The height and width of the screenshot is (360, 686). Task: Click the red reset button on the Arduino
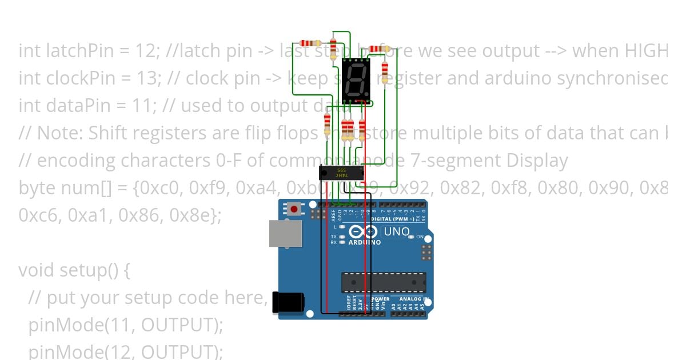click(294, 209)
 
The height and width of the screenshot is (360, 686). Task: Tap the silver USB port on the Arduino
click(285, 234)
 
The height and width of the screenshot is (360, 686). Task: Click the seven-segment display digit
click(356, 81)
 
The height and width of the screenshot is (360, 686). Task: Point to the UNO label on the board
click(397, 231)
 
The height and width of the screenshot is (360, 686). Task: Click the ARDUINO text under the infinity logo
click(365, 242)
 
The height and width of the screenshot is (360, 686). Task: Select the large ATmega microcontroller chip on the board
click(384, 282)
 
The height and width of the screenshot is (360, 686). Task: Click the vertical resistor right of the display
click(384, 72)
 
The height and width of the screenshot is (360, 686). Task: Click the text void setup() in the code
click(74, 270)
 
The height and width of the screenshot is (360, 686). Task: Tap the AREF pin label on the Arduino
click(333, 215)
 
